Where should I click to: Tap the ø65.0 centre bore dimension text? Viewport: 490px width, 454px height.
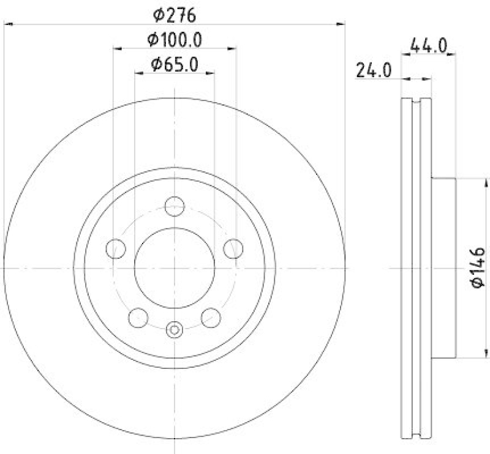pyautogui.click(x=175, y=63)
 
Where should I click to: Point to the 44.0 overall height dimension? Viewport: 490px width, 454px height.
pyautogui.click(x=429, y=45)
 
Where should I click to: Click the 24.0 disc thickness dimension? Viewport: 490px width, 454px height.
pyautogui.click(x=373, y=70)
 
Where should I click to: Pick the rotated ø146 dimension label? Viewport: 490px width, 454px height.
pyautogui.click(x=478, y=267)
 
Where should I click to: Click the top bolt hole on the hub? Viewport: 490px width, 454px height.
pyautogui.click(x=175, y=206)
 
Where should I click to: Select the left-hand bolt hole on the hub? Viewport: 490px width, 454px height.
pyautogui.click(x=116, y=248)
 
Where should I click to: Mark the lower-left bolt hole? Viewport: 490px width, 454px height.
pyautogui.click(x=138, y=318)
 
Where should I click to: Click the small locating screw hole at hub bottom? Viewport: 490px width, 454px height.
pyautogui.click(x=175, y=330)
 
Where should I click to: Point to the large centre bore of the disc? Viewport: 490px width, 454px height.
pyautogui.click(x=175, y=268)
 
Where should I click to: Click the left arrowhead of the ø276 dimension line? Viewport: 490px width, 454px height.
pyautogui.click(x=8, y=24)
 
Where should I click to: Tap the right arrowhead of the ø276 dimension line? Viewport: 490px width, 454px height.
pyautogui.click(x=341, y=24)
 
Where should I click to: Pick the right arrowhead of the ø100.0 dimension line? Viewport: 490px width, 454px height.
pyautogui.click(x=233, y=49)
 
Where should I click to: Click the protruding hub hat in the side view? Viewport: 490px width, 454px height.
pyautogui.click(x=444, y=268)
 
